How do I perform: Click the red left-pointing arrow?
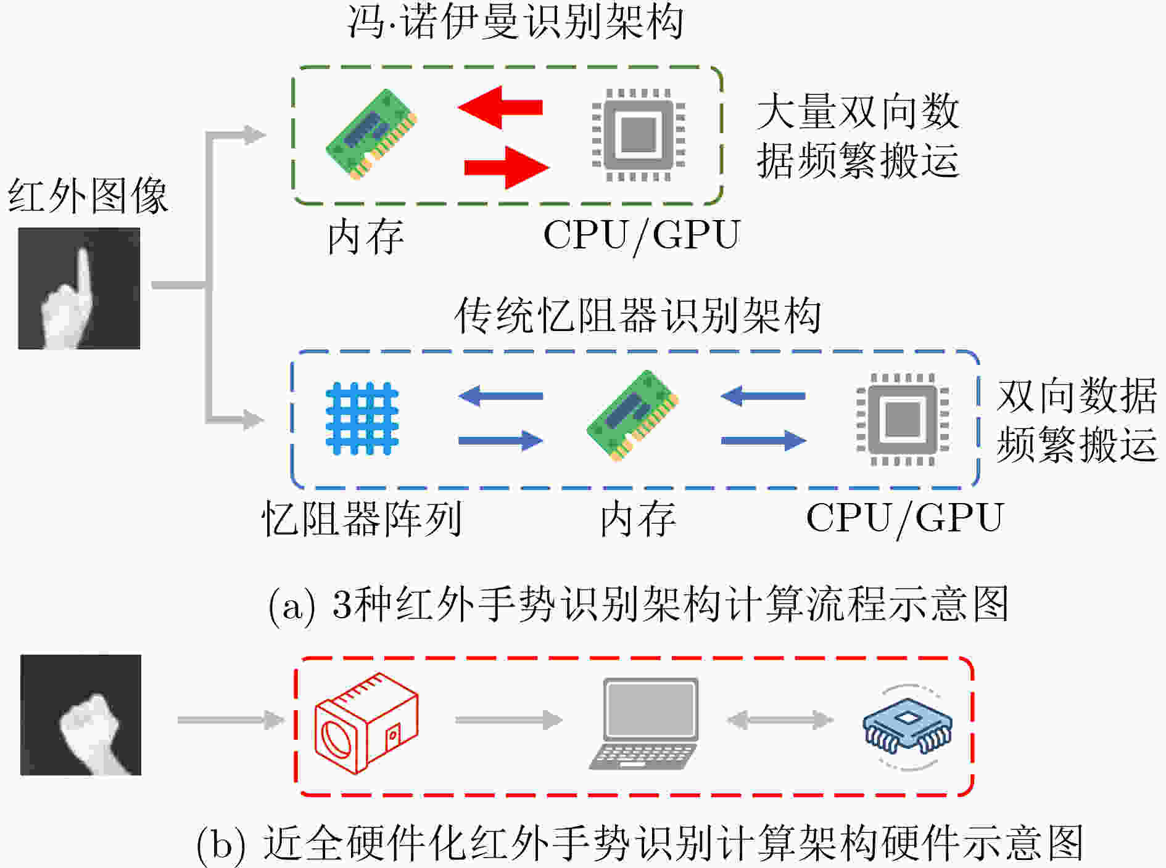click(x=500, y=107)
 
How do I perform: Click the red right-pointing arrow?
click(x=507, y=167)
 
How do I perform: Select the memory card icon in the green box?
click(x=371, y=134)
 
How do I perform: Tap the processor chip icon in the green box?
click(x=639, y=134)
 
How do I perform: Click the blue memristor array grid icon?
click(x=362, y=419)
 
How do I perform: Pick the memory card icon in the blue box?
click(x=633, y=416)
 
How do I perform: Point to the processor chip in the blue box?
click(x=903, y=420)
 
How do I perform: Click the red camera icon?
click(x=366, y=723)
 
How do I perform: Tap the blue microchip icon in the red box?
click(x=907, y=726)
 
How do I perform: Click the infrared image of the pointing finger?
click(x=79, y=289)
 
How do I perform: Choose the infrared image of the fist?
click(x=81, y=715)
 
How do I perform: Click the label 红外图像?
click(x=88, y=196)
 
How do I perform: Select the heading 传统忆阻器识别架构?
click(x=638, y=315)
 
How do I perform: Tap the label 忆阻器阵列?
click(x=362, y=518)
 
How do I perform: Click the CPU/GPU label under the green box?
click(x=642, y=235)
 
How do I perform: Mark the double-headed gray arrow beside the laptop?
click(x=780, y=719)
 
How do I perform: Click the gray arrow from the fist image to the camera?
click(x=231, y=719)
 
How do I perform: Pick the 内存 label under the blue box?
click(x=638, y=518)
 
